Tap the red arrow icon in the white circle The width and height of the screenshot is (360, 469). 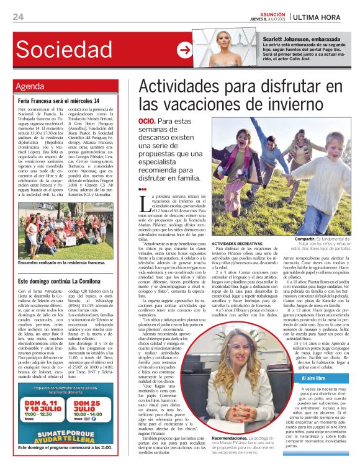(184, 49)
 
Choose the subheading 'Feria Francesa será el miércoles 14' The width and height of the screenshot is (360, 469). (59, 100)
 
